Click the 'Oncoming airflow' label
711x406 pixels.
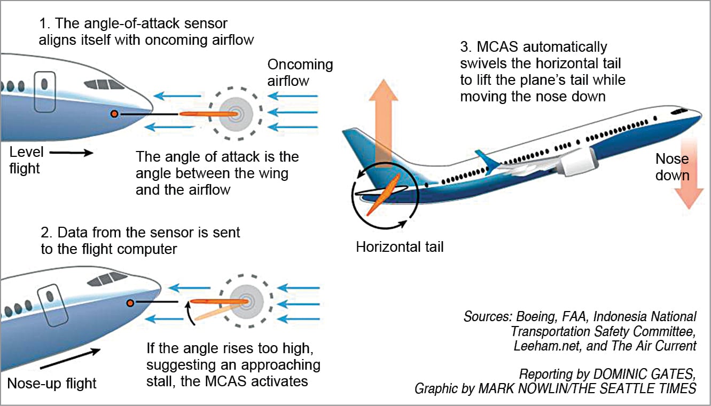click(x=300, y=72)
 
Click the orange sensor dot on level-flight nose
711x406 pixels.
click(x=114, y=114)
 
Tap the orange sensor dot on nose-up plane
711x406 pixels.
click(x=130, y=303)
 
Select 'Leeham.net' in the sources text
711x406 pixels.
click(x=541, y=346)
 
